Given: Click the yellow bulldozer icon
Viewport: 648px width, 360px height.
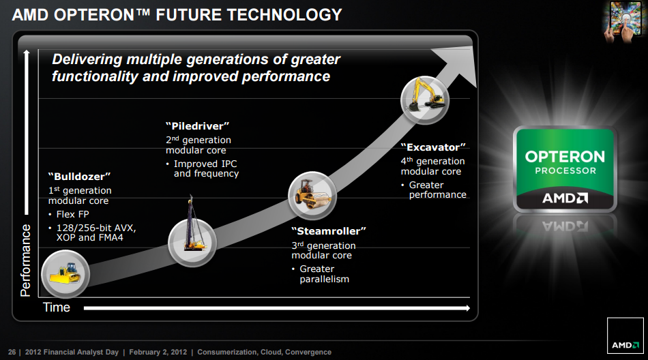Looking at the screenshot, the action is click(x=65, y=274).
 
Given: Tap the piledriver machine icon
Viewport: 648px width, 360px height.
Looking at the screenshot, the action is click(x=192, y=243).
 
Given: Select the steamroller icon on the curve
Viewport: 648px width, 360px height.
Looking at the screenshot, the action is click(x=312, y=196).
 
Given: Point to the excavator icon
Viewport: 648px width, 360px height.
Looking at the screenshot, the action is click(x=424, y=100).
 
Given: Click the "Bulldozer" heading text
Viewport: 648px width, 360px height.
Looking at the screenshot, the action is click(x=79, y=177).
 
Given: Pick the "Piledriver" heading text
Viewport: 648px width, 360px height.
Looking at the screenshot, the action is click(x=197, y=126).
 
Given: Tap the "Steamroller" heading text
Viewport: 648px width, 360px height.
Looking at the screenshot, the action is click(x=329, y=231).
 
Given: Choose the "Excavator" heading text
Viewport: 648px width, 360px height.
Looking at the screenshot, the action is click(x=433, y=147).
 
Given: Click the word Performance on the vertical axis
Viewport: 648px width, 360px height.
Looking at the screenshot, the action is click(x=26, y=260).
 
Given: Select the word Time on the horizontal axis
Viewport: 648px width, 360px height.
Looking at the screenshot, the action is click(x=57, y=307).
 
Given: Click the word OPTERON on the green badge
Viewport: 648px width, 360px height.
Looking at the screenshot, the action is click(x=565, y=157).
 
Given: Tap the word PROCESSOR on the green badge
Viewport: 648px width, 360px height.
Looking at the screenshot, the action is click(x=565, y=170).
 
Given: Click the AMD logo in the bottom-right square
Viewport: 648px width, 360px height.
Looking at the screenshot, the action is click(x=625, y=345).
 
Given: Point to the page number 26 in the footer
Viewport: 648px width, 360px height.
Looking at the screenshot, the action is click(x=12, y=352).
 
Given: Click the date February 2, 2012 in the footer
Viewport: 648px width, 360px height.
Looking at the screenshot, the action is click(x=158, y=352).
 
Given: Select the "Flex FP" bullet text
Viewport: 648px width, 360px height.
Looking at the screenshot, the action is click(x=73, y=214).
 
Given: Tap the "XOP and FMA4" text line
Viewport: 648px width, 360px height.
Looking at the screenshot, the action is click(x=89, y=238).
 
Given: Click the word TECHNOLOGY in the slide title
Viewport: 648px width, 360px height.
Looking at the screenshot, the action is click(x=284, y=15).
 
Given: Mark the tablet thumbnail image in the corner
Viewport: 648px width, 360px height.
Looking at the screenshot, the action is click(x=623, y=21).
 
